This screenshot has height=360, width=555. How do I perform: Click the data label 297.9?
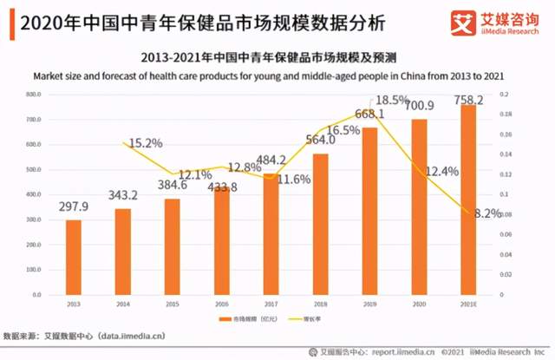(74, 206)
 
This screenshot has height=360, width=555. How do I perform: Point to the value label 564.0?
(321, 139)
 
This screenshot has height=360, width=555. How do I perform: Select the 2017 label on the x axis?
(271, 304)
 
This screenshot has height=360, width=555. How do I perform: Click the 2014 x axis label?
(123, 304)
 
